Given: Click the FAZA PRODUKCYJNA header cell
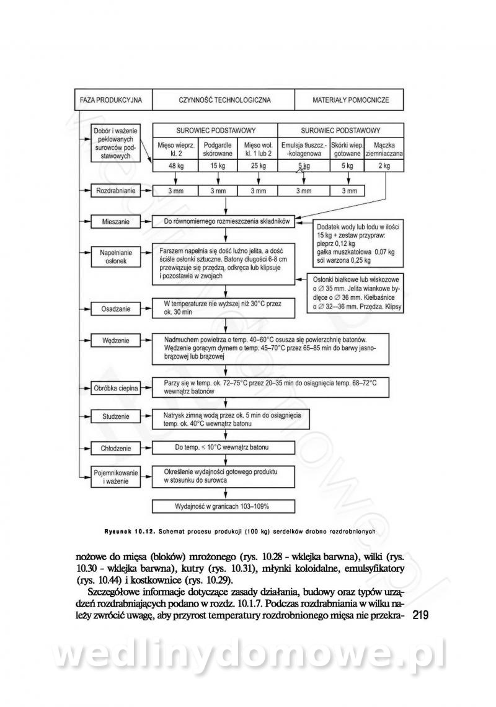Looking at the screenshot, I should (112, 100).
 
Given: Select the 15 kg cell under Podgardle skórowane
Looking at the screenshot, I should (218, 166).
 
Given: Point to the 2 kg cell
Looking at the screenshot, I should (384, 166).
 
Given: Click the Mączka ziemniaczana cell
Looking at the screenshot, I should (384, 149).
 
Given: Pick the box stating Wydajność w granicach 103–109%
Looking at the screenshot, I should (226, 506).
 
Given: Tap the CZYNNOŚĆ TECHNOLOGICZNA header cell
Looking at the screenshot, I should (224, 100).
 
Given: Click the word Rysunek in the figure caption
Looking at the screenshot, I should (120, 531).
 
